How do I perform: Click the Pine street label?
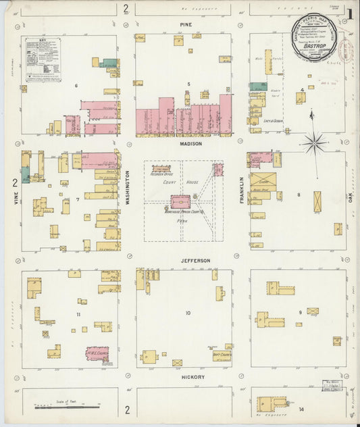(x=185, y=25)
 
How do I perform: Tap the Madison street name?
(x=190, y=143)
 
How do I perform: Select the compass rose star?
(x=313, y=142)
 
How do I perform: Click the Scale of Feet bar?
(x=68, y=407)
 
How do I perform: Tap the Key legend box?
(x=43, y=59)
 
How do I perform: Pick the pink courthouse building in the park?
(x=180, y=201)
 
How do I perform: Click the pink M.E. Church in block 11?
(x=98, y=353)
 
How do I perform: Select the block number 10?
(x=188, y=313)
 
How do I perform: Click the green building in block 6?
(x=108, y=64)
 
